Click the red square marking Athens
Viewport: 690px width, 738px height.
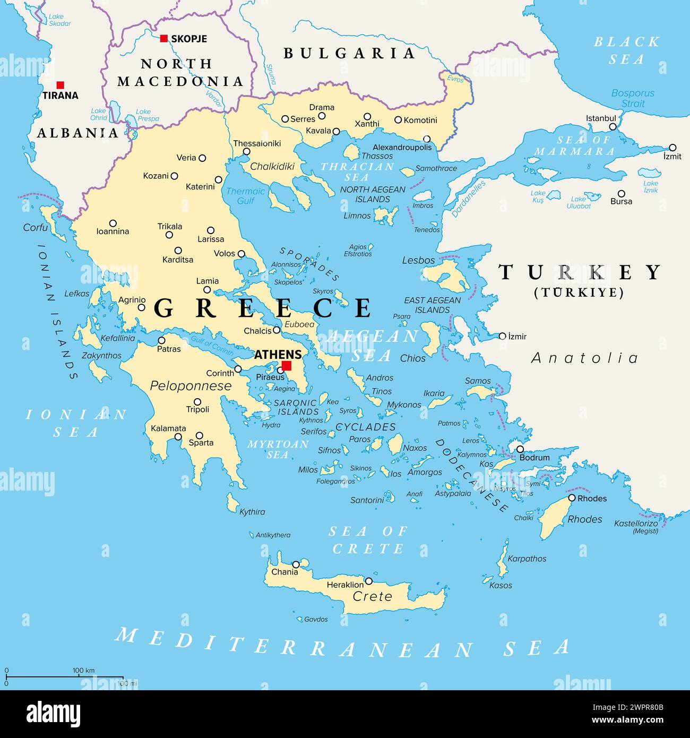287,365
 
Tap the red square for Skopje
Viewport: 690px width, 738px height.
164,38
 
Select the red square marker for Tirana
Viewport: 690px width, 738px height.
61,85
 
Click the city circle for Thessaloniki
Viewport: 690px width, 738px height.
246,152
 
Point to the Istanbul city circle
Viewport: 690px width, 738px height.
613,127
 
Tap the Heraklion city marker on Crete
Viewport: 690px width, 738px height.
369,581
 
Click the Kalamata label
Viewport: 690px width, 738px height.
168,428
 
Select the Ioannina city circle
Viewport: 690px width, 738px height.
113,224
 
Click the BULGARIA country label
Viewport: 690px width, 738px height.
349,53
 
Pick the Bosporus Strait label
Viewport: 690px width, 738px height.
633,98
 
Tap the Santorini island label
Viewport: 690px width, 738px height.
367,500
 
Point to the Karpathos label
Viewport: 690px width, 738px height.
527,559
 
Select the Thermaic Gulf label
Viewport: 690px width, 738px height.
245,196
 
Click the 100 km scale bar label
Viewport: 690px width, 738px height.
83,671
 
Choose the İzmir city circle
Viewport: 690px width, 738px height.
502,336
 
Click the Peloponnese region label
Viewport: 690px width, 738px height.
191,386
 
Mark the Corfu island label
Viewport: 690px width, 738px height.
36,228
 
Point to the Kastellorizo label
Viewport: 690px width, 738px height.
636,524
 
